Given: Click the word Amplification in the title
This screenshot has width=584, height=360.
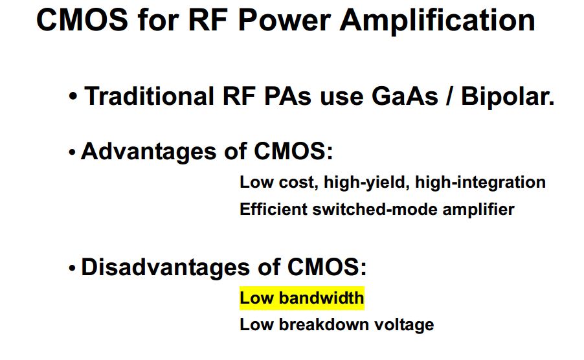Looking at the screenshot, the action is point(437,21).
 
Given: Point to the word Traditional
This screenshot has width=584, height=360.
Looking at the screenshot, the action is point(149,96).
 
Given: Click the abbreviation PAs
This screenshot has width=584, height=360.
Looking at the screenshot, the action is point(287,96).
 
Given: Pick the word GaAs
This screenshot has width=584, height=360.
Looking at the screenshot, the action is point(405,96).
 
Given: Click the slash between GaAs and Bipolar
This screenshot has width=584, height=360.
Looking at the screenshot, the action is point(450,96).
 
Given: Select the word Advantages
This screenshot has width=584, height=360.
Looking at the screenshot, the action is point(149,152).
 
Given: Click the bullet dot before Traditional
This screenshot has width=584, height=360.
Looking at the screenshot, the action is point(73,96).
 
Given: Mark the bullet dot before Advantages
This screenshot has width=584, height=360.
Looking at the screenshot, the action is point(73,152).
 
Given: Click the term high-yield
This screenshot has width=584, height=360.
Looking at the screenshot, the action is point(366,183).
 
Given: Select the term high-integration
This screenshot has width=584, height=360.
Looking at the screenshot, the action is point(480,183).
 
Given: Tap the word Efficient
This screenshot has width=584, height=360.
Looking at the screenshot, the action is point(273,209).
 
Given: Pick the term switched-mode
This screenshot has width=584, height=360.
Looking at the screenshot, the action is point(375,209).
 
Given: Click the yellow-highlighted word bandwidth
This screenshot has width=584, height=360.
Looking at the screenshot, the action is point(321,298).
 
